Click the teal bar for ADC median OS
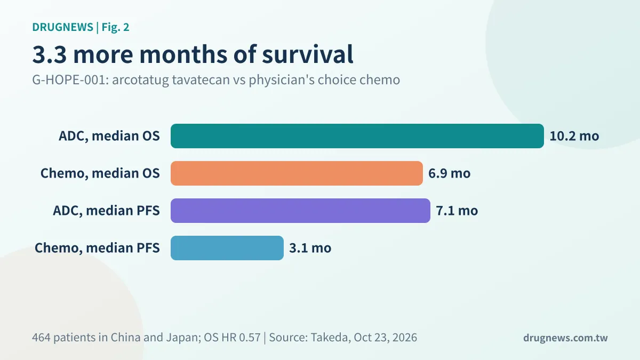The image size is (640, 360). [357, 136]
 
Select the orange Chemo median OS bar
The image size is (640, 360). [297, 173]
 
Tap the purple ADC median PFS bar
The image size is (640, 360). [300, 211]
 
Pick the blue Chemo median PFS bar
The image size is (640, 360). [227, 248]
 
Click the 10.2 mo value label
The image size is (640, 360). [574, 136]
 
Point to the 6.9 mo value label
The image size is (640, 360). [450, 173]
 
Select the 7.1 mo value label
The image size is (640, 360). [457, 211]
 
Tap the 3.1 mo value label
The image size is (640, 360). [310, 248]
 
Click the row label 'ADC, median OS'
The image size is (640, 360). [109, 136]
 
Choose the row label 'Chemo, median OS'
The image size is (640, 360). [100, 173]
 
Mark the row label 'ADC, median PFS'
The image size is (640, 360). [106, 211]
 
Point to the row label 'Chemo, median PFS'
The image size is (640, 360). [97, 248]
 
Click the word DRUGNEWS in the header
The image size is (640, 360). [62, 27]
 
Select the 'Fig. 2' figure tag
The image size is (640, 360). [115, 27]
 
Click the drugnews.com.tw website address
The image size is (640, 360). [565, 338]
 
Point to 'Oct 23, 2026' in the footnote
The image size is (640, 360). [386, 338]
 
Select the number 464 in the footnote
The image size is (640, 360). [41, 338]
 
